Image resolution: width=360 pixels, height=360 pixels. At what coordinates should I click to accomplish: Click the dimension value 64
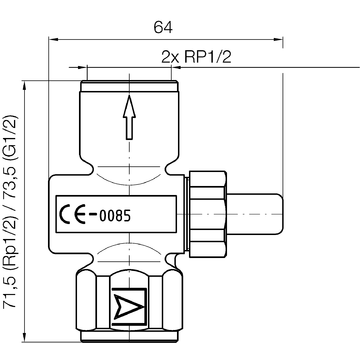pyautogui.click(x=163, y=27)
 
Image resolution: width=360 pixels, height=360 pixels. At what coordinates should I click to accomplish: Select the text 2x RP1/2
pyautogui.click(x=196, y=57)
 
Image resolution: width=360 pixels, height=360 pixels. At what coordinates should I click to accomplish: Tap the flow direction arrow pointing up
pyautogui.click(x=129, y=117)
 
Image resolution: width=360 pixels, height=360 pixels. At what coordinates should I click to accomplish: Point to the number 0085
pyautogui.click(x=115, y=216)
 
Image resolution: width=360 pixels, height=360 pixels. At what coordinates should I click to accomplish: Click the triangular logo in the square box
pyautogui.click(x=129, y=307)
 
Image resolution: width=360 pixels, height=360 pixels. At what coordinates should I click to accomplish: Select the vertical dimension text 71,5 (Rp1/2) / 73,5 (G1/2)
pyautogui.click(x=10, y=212)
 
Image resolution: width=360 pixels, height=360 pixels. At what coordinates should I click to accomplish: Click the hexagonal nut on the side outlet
pyautogui.click(x=207, y=214)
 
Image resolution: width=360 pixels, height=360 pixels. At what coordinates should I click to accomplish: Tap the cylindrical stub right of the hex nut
pyautogui.click(x=255, y=214)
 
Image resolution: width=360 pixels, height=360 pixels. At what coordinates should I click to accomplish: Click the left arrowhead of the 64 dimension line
pyautogui.click(x=53, y=39)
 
